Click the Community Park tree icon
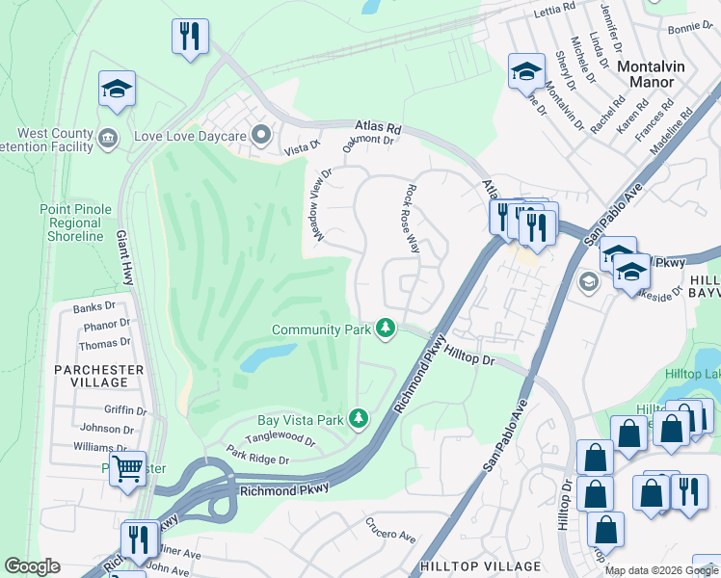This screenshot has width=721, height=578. click(386, 329)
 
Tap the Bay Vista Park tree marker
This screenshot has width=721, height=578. click(359, 419)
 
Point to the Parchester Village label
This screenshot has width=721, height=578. click(106, 377)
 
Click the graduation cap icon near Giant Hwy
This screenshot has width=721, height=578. click(117, 91)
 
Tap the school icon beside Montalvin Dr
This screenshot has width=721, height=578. click(526, 71)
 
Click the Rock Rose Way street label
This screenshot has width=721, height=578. click(413, 219)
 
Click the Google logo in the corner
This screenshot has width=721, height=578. click(32, 566)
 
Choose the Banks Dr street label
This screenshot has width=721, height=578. click(94, 308)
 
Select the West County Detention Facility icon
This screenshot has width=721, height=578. click(108, 138)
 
